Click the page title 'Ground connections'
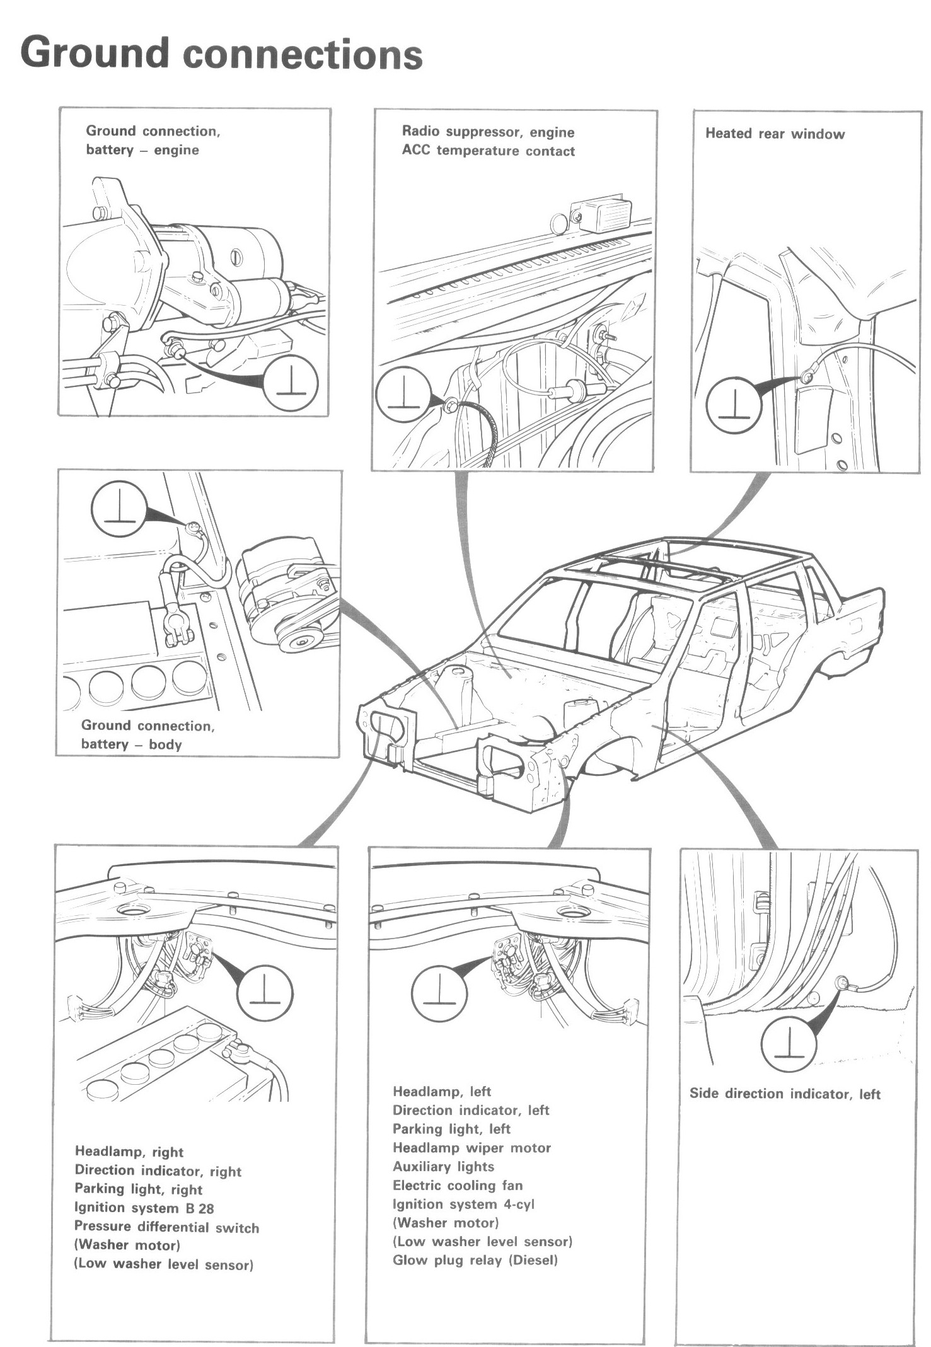click(x=221, y=54)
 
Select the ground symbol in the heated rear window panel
click(x=734, y=405)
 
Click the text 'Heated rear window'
click(x=775, y=134)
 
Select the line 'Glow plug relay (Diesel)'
click(x=475, y=1261)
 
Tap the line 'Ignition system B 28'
click(x=144, y=1208)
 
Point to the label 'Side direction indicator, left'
click(x=785, y=1094)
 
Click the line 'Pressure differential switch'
click(x=166, y=1227)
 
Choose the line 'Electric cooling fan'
click(x=458, y=1186)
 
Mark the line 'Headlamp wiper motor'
click(x=471, y=1148)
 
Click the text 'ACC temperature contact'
click(x=488, y=151)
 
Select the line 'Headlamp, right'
click(x=129, y=1152)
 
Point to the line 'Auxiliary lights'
click(x=443, y=1167)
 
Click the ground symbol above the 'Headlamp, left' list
click(x=439, y=995)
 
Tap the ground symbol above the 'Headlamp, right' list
click(x=265, y=995)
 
